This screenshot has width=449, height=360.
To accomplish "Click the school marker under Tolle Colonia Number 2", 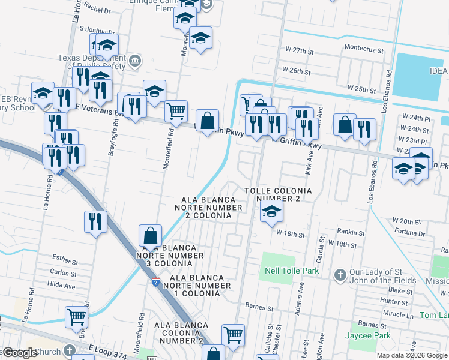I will [271, 211].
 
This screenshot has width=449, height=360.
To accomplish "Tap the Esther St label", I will [65, 262].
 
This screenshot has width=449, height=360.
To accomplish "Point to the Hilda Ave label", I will [62, 286].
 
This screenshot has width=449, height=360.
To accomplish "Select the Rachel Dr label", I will [98, 10].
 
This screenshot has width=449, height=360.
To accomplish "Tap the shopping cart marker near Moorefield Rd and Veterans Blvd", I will [175, 110].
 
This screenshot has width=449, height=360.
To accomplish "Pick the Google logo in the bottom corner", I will [19, 353].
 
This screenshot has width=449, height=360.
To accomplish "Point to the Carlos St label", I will [63, 273].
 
